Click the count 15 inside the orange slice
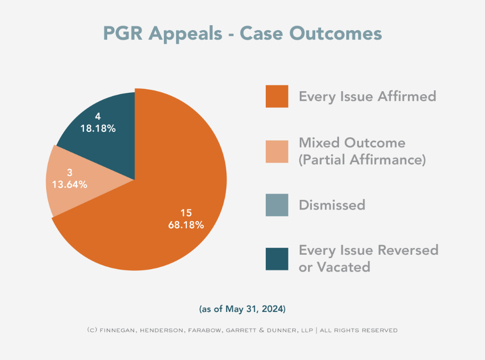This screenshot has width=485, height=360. tap(186, 213)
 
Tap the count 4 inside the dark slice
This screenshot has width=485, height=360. tap(98, 117)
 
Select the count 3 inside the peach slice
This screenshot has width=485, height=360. tap(69, 172)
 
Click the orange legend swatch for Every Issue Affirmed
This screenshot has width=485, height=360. tap(277, 96)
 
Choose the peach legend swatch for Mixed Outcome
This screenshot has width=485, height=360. tap(277, 150)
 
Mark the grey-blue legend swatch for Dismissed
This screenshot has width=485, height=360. tap(277, 205)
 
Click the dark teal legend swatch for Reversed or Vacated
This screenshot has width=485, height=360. tap(277, 259)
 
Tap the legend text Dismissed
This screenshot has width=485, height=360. tap(332, 205)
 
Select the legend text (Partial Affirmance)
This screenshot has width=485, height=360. tap(362, 159)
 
